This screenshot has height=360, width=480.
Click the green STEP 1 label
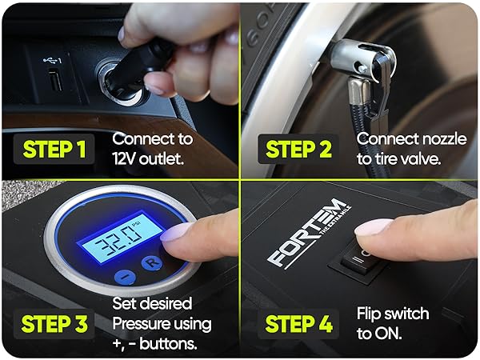click(x=55, y=149)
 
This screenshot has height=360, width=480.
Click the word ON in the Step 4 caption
click(x=386, y=331)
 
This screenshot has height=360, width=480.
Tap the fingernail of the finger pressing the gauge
click(x=178, y=233)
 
